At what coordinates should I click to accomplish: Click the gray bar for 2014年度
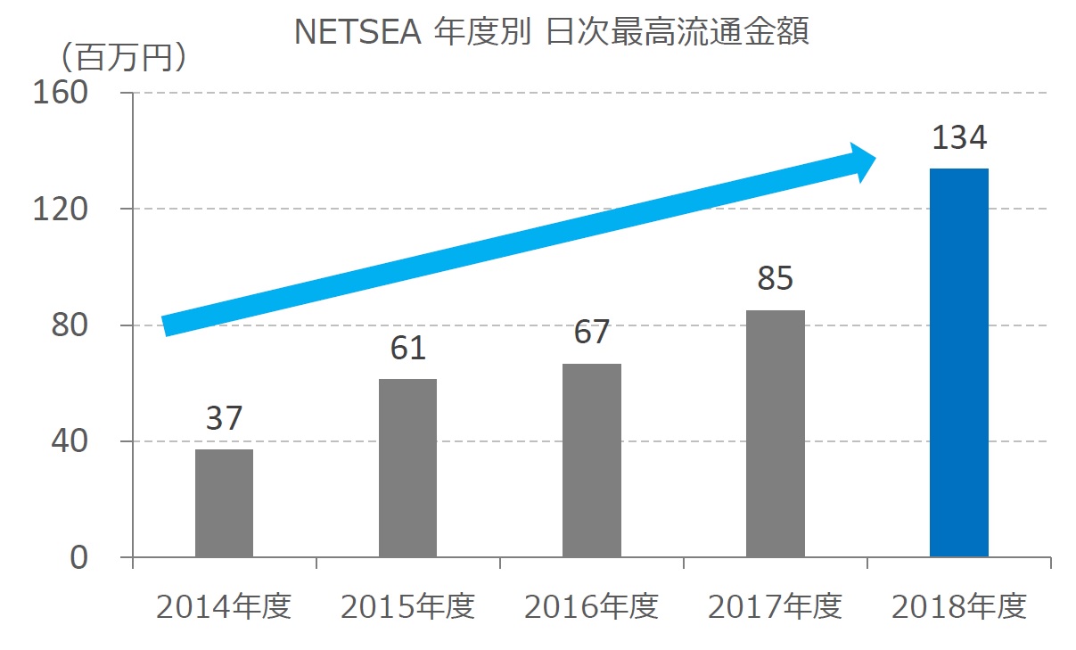pos(224,503)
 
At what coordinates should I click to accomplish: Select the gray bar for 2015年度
pos(407,468)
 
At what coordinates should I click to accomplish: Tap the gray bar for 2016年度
pos(591,460)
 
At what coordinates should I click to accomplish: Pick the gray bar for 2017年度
pos(775,433)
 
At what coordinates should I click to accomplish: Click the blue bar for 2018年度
pos(958,363)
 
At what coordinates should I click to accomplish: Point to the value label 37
pos(224,418)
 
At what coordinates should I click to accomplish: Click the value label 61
pos(408,348)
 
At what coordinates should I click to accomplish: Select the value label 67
pos(591,332)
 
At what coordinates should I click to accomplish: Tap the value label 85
pos(775,278)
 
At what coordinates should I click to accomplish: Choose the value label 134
pos(959,138)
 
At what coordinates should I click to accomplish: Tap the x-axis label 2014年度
pos(224,607)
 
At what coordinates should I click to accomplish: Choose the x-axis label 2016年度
pos(591,607)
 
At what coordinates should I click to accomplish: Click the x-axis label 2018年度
pos(958,607)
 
